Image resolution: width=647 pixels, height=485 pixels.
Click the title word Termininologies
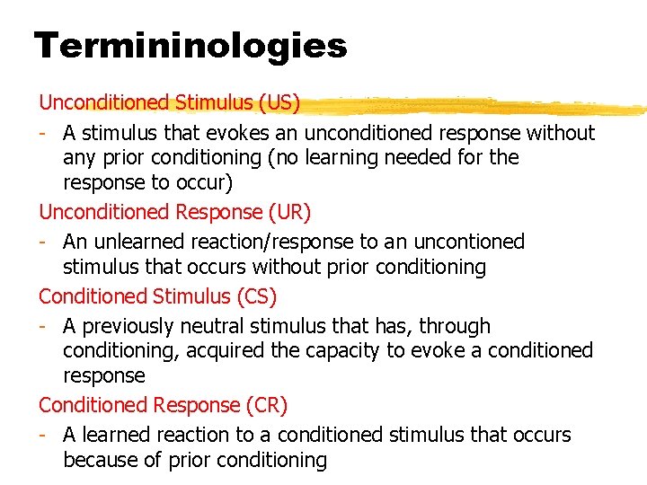pyautogui.click(x=190, y=45)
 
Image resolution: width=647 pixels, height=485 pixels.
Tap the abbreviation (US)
pyautogui.click(x=279, y=102)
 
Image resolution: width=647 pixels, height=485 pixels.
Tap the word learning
pyautogui.click(x=357, y=158)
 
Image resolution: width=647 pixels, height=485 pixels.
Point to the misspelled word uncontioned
pyautogui.click(x=471, y=242)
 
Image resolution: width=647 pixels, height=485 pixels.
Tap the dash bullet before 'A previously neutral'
pyautogui.click(x=43, y=326)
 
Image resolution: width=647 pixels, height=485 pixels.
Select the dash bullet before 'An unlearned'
pyautogui.click(x=43, y=242)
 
